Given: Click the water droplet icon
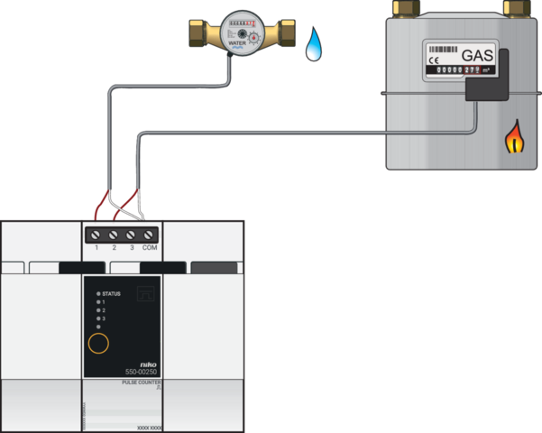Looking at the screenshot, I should (313, 44).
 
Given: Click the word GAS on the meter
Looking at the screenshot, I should (477, 56).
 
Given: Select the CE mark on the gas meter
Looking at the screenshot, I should (434, 59).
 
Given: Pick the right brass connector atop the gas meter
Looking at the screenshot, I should (516, 8).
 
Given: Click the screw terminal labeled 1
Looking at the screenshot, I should (96, 234).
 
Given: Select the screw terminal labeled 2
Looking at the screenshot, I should (115, 234).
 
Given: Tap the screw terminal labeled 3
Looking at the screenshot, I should (132, 234).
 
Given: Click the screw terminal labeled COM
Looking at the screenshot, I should (150, 234).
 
